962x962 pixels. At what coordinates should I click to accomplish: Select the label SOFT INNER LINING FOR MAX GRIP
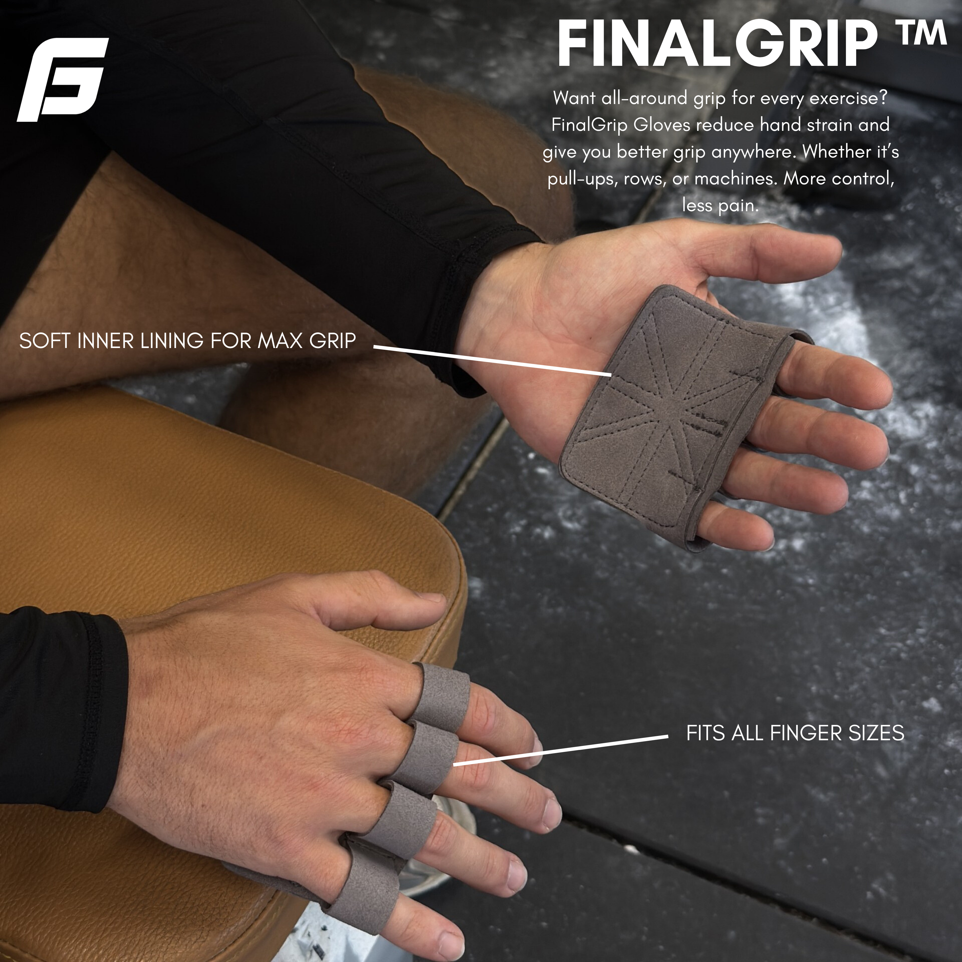(x=187, y=341)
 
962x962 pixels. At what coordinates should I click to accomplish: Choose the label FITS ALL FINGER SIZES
(x=795, y=733)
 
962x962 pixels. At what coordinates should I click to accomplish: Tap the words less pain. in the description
(x=720, y=205)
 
